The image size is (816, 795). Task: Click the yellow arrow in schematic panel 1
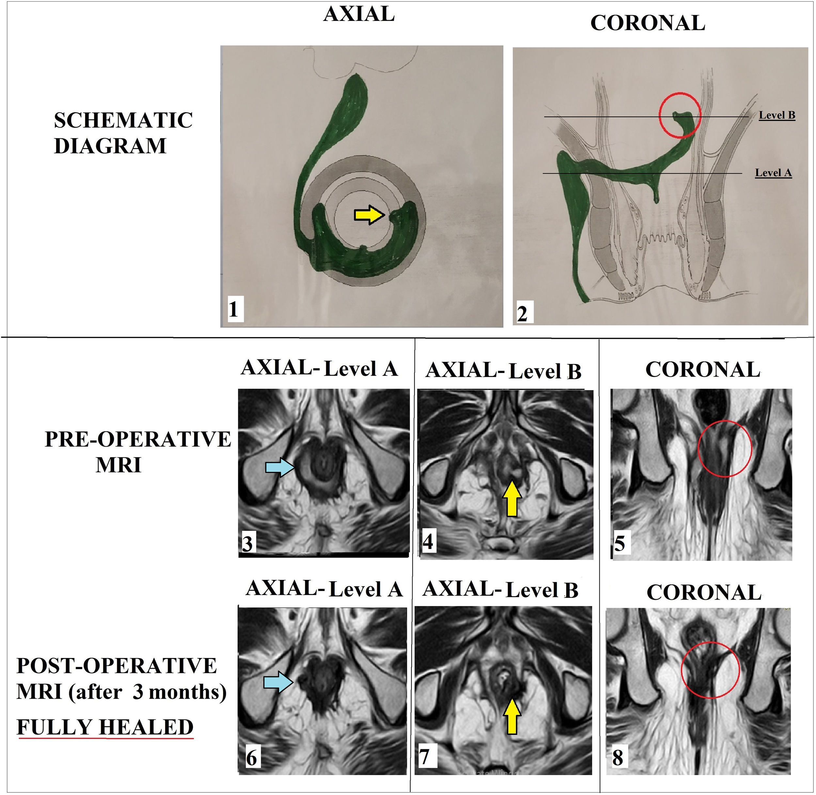(369, 215)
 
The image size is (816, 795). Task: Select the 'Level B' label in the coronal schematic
(777, 115)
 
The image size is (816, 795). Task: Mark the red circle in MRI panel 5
(725, 448)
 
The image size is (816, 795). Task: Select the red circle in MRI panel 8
(710, 670)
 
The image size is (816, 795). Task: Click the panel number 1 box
(233, 310)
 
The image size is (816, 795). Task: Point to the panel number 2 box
(522, 313)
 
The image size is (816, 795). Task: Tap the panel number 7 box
(425, 756)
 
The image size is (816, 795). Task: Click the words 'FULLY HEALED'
(105, 727)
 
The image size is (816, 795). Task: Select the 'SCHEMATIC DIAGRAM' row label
(123, 133)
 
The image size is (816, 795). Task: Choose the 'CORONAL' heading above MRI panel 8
(704, 592)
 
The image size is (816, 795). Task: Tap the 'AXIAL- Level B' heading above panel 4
(503, 371)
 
